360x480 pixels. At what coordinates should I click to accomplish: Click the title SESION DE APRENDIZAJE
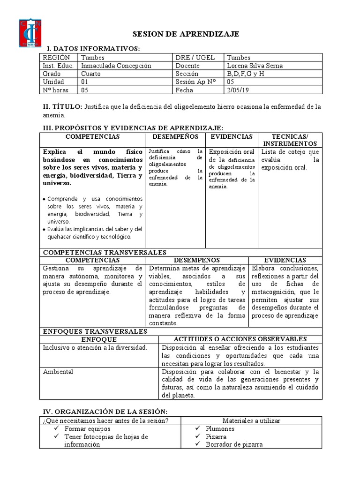pos(186,34)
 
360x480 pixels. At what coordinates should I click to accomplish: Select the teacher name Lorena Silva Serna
pos(255,66)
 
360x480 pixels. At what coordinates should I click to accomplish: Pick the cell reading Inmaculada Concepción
pos(116,66)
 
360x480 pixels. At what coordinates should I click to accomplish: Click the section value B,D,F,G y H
pos(246,74)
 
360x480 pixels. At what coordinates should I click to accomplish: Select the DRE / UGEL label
pos(195,58)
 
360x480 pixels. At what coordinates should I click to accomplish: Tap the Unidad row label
pos(52,82)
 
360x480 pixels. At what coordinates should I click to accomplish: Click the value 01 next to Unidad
pos(85,82)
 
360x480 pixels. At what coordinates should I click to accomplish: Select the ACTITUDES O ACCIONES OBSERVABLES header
pos(240,339)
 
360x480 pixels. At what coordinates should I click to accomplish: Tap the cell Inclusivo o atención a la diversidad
pos(95,347)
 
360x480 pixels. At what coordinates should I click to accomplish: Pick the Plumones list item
pos(220,428)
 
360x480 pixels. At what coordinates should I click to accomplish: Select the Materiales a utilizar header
pos(251,420)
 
